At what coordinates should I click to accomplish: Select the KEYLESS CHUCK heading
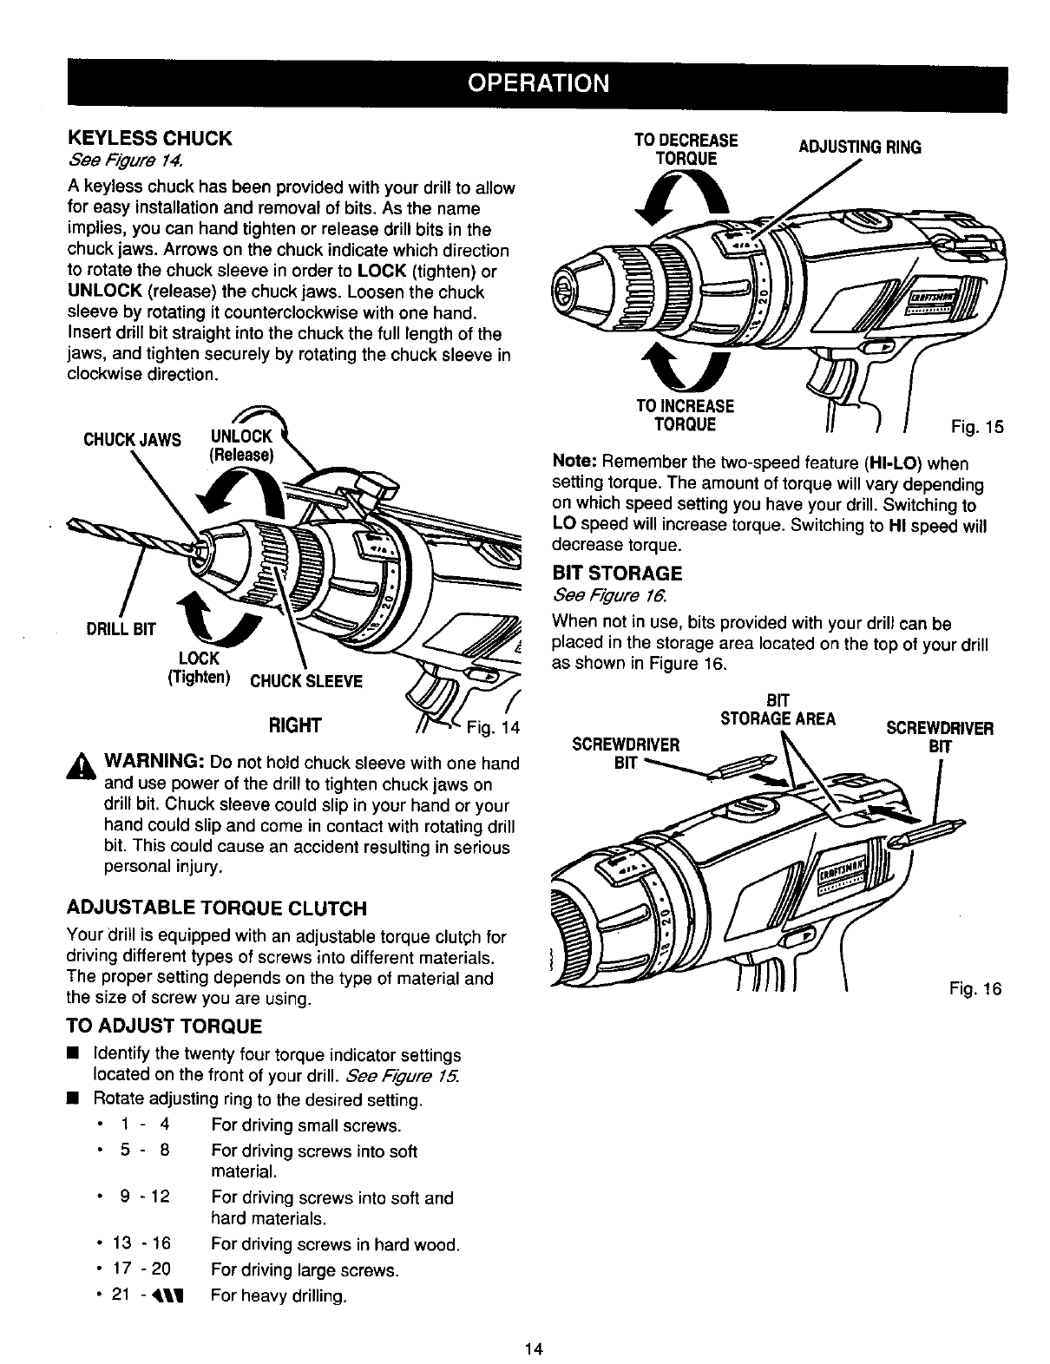pyautogui.click(x=150, y=138)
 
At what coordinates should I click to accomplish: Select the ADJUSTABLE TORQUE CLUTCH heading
pyautogui.click(x=217, y=908)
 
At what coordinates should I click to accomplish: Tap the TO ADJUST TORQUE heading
pyautogui.click(x=164, y=1026)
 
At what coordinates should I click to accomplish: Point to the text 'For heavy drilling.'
pyautogui.click(x=279, y=1297)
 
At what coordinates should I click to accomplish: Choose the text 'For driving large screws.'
pyautogui.click(x=305, y=1271)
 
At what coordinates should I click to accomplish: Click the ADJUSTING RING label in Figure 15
pyautogui.click(x=859, y=148)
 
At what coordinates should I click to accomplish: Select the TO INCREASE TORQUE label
pyautogui.click(x=686, y=415)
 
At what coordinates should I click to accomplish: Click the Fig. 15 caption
pyautogui.click(x=976, y=427)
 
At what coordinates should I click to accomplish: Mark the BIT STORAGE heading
pyautogui.click(x=617, y=574)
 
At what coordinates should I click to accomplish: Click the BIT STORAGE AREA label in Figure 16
pyautogui.click(x=778, y=710)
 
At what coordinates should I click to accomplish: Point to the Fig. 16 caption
pyautogui.click(x=976, y=989)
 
